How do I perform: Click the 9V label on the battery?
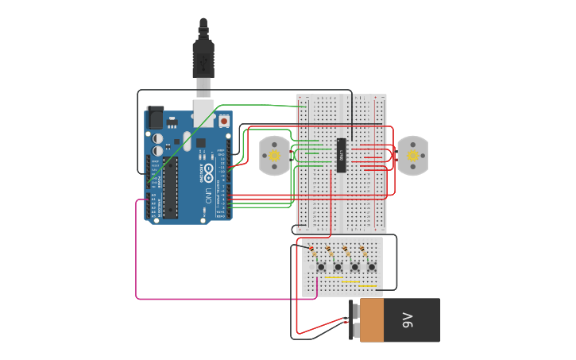pyautogui.click(x=408, y=320)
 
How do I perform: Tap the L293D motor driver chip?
pyautogui.click(x=341, y=155)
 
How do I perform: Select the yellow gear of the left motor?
pyautogui.click(x=274, y=156)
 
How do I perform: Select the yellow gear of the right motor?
pyautogui.click(x=412, y=156)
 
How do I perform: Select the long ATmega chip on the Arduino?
pyautogui.click(x=170, y=188)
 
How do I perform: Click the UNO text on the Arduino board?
pyautogui.click(x=208, y=195)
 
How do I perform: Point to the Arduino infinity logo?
pyautogui.click(x=208, y=171)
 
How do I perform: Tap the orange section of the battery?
pyautogui.click(x=371, y=320)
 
